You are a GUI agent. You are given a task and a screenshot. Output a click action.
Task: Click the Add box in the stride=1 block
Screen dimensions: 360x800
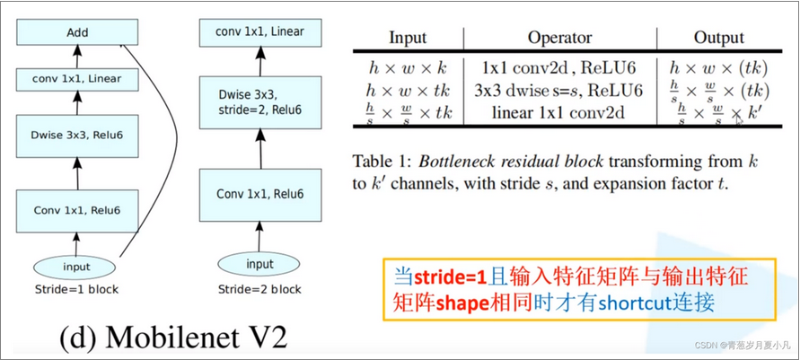point(77,33)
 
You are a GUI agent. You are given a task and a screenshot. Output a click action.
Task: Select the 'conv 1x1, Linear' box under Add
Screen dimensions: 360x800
point(77,79)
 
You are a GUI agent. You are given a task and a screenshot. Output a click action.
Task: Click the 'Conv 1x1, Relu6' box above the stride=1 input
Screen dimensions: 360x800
point(77,210)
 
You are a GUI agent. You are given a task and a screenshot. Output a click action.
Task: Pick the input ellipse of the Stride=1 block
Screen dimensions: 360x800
point(77,267)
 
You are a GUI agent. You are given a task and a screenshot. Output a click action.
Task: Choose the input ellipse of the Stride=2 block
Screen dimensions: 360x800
point(259,264)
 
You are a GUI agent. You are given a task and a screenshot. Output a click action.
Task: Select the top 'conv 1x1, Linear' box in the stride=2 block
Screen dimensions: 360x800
point(259,32)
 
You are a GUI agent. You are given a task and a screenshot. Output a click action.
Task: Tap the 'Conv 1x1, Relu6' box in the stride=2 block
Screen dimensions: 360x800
point(259,194)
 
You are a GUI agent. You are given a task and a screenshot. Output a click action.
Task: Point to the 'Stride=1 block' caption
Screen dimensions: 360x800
point(77,290)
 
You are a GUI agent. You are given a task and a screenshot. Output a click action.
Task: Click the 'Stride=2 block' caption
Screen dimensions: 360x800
point(259,290)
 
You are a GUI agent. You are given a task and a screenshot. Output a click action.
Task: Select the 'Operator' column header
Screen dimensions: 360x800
point(559,38)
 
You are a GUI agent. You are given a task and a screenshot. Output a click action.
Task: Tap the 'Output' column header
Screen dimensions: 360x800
point(718,38)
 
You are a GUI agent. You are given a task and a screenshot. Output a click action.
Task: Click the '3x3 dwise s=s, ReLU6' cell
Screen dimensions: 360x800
point(559,90)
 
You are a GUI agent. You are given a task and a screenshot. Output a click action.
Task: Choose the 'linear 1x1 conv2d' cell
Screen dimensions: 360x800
point(559,113)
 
